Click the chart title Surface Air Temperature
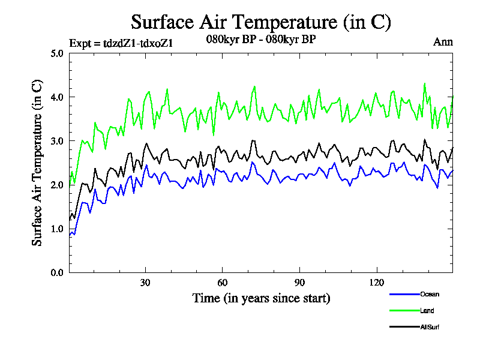tap(261, 22)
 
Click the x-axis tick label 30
tap(145, 283)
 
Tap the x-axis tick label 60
tap(222, 283)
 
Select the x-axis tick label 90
tap(299, 283)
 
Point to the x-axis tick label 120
tap(376, 283)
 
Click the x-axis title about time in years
tap(261, 298)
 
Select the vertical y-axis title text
tap(37, 163)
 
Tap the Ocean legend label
tap(429, 294)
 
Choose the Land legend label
tap(427, 311)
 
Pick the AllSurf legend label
tap(430, 327)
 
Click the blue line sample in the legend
tap(403, 294)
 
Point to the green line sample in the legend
tap(403, 311)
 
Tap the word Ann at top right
tap(443, 42)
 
